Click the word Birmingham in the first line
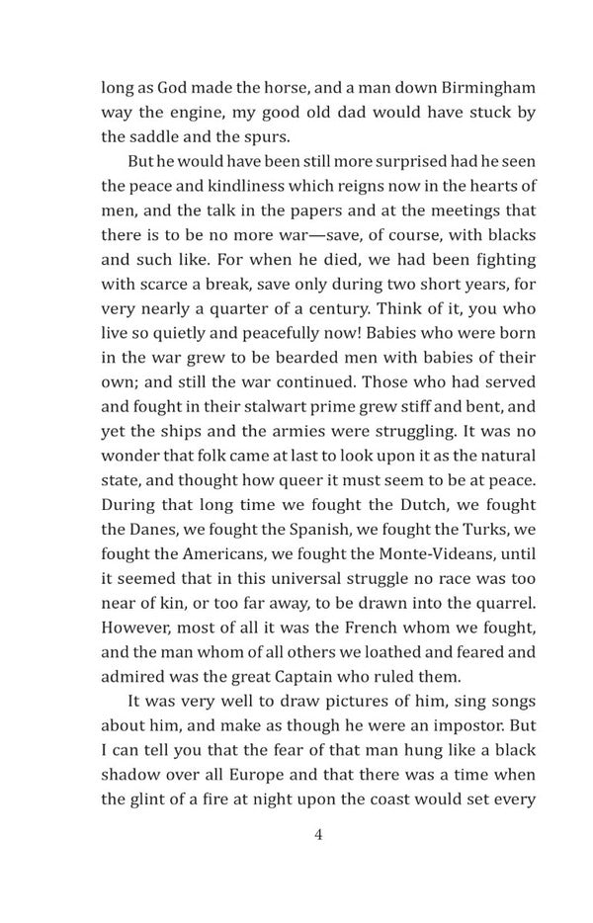[467, 86]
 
